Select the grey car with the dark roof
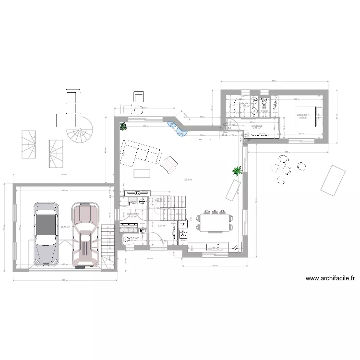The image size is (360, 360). coord(46,233)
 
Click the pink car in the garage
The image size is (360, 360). coord(84,234)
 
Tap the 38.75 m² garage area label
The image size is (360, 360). coord(65,228)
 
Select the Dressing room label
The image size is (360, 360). coord(256,126)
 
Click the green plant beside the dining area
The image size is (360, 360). coord(236,170)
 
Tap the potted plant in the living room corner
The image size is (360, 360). coord(123,127)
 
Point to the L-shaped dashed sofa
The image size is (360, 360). coord(140,153)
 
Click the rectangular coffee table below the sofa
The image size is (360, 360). coord(142,173)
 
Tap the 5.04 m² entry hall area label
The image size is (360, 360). coord(162,226)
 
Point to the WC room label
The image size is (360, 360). coord(264,108)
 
